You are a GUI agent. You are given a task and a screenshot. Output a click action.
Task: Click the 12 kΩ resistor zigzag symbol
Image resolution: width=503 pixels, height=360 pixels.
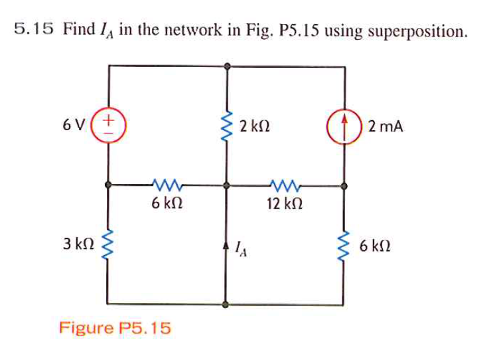tap(284, 185)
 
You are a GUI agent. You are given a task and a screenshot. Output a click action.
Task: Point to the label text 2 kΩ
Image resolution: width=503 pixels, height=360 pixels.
tap(255, 126)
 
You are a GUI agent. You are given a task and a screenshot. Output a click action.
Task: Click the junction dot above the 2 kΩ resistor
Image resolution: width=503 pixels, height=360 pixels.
tap(227, 66)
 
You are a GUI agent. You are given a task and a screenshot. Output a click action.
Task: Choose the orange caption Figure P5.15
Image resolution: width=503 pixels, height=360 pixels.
tap(115, 327)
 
